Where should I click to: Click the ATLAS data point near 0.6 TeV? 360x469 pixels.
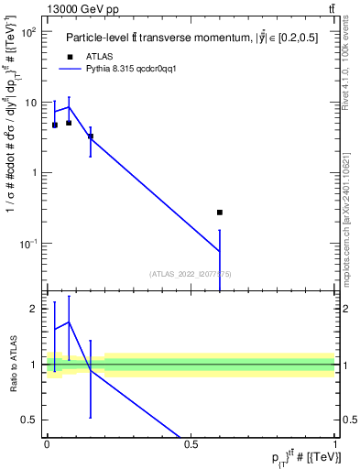220,213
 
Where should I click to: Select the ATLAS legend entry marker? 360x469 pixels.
70,56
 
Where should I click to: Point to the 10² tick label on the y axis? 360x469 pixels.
28,32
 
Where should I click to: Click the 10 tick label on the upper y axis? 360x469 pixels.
30,103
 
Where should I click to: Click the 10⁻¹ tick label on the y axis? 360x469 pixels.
28,243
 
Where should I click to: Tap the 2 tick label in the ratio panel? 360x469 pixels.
34,309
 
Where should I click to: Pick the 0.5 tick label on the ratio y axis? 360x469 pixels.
29,420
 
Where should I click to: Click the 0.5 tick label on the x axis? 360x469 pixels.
191,443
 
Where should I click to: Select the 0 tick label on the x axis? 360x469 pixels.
46,443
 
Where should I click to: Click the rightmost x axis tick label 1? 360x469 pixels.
335,443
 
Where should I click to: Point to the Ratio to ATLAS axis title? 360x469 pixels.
13,365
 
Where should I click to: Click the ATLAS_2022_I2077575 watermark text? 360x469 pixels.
191,272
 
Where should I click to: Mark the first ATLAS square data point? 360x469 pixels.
55,125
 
